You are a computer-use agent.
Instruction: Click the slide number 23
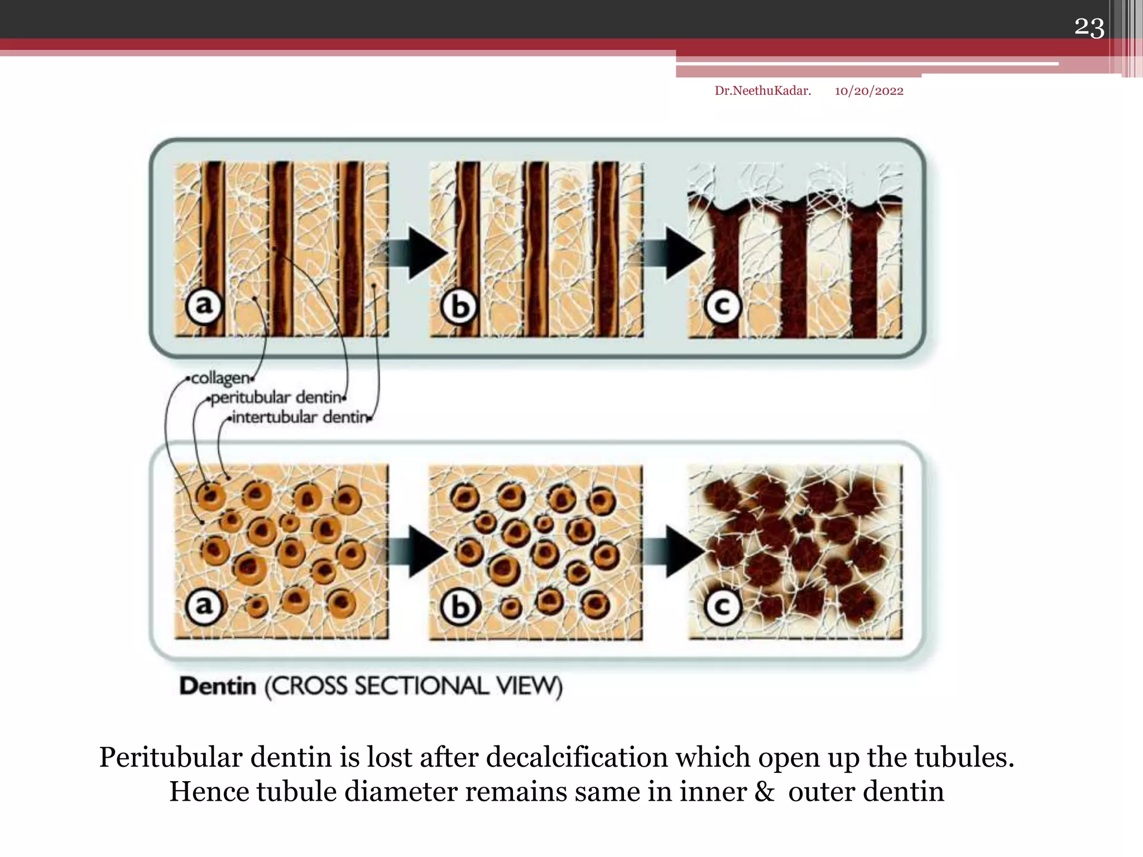click(1089, 27)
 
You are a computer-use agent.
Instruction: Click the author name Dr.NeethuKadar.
click(762, 91)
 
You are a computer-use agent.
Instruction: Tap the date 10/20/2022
click(868, 91)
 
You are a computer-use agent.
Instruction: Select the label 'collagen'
click(220, 378)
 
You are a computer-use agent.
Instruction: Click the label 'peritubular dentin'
click(276, 398)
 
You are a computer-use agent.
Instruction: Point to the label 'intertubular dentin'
click(300, 417)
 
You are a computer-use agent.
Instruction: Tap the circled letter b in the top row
click(459, 306)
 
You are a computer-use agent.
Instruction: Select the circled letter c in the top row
click(722, 306)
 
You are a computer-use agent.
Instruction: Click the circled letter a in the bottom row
click(204, 606)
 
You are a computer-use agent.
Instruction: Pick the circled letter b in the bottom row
click(459, 607)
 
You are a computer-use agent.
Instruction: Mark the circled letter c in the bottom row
click(722, 607)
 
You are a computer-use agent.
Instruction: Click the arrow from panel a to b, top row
click(416, 253)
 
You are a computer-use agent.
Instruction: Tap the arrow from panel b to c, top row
click(674, 253)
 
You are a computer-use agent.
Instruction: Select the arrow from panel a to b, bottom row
click(416, 551)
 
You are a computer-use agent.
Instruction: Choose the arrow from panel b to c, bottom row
click(674, 551)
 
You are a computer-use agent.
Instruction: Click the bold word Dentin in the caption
click(218, 686)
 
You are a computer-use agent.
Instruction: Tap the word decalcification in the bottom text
click(577, 758)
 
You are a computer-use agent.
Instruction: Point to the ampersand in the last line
click(764, 792)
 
